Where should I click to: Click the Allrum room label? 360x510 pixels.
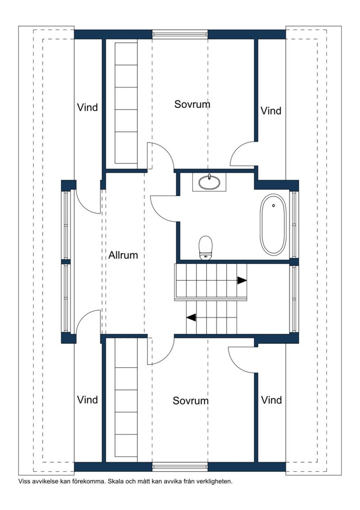[123, 255]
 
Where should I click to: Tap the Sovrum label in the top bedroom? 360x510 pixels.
[192, 104]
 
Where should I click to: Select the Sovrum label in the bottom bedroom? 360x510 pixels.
[191, 400]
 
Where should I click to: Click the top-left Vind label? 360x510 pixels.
[87, 107]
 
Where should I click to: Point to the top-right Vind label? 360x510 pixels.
[271, 111]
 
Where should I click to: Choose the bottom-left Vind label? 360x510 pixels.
[87, 400]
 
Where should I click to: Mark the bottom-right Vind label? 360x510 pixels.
[271, 400]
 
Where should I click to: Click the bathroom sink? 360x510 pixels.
[209, 182]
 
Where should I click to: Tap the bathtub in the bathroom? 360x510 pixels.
[274, 224]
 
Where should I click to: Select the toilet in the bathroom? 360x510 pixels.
[205, 247]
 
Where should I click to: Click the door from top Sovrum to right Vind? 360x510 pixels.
[243, 154]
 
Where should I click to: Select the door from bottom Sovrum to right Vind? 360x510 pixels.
[241, 359]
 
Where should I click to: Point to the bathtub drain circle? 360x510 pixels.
[274, 205]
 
